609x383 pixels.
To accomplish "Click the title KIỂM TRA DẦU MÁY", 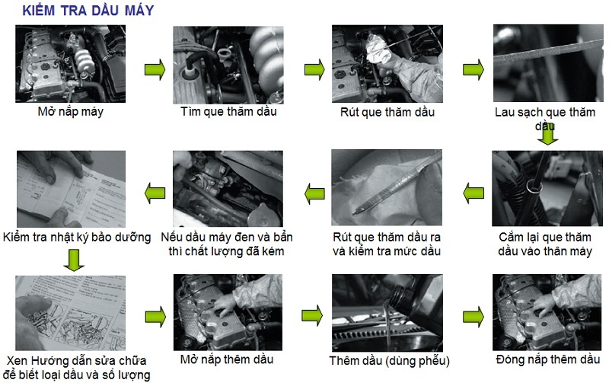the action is pos(88,10).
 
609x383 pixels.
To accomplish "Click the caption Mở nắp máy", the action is pos(70,112).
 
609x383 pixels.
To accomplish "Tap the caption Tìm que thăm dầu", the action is pos(228,112).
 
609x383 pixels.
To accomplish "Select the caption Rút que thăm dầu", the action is pos(387,112).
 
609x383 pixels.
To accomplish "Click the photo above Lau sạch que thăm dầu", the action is pos(548,63).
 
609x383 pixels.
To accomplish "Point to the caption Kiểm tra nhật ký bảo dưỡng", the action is pos(77,238).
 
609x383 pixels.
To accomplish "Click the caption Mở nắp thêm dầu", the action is pos(227,359).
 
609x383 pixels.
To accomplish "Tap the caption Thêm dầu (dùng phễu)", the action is pos(390,361).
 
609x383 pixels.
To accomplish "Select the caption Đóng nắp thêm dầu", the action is pos(548,359).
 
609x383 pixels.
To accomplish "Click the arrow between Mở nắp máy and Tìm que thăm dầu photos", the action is pos(155,70).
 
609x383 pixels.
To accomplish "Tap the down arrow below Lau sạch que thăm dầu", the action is pos(547,134).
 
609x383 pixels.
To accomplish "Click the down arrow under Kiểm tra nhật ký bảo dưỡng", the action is pos(74,260).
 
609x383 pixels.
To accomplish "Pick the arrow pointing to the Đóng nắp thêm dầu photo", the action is pos(473,316).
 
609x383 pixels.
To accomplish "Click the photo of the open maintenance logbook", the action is pos(71,189).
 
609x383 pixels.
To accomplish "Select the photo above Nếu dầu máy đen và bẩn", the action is pos(228,189).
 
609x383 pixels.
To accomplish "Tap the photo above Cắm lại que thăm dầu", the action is pos(547,189).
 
